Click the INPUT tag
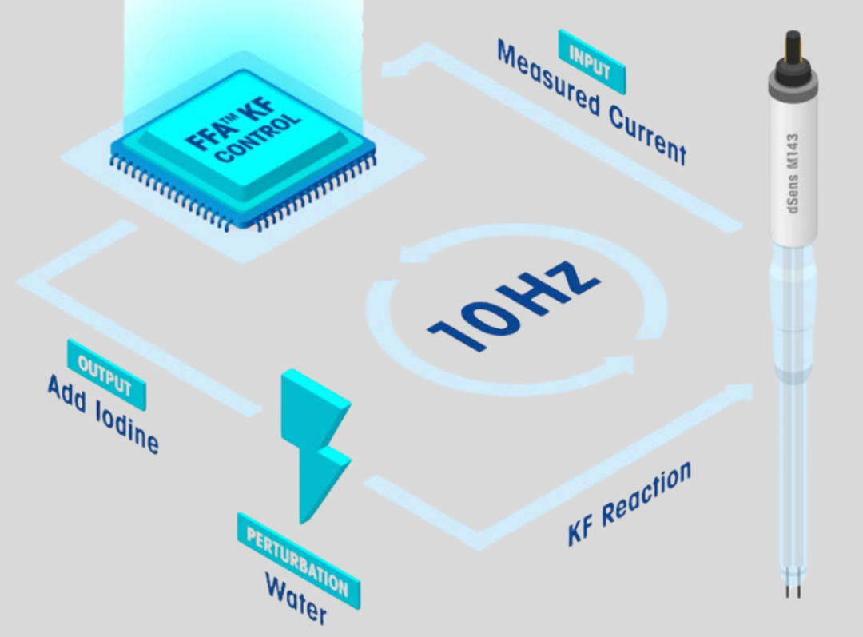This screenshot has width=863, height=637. coord(591,62)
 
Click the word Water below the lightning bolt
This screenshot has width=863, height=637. coord(296,599)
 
